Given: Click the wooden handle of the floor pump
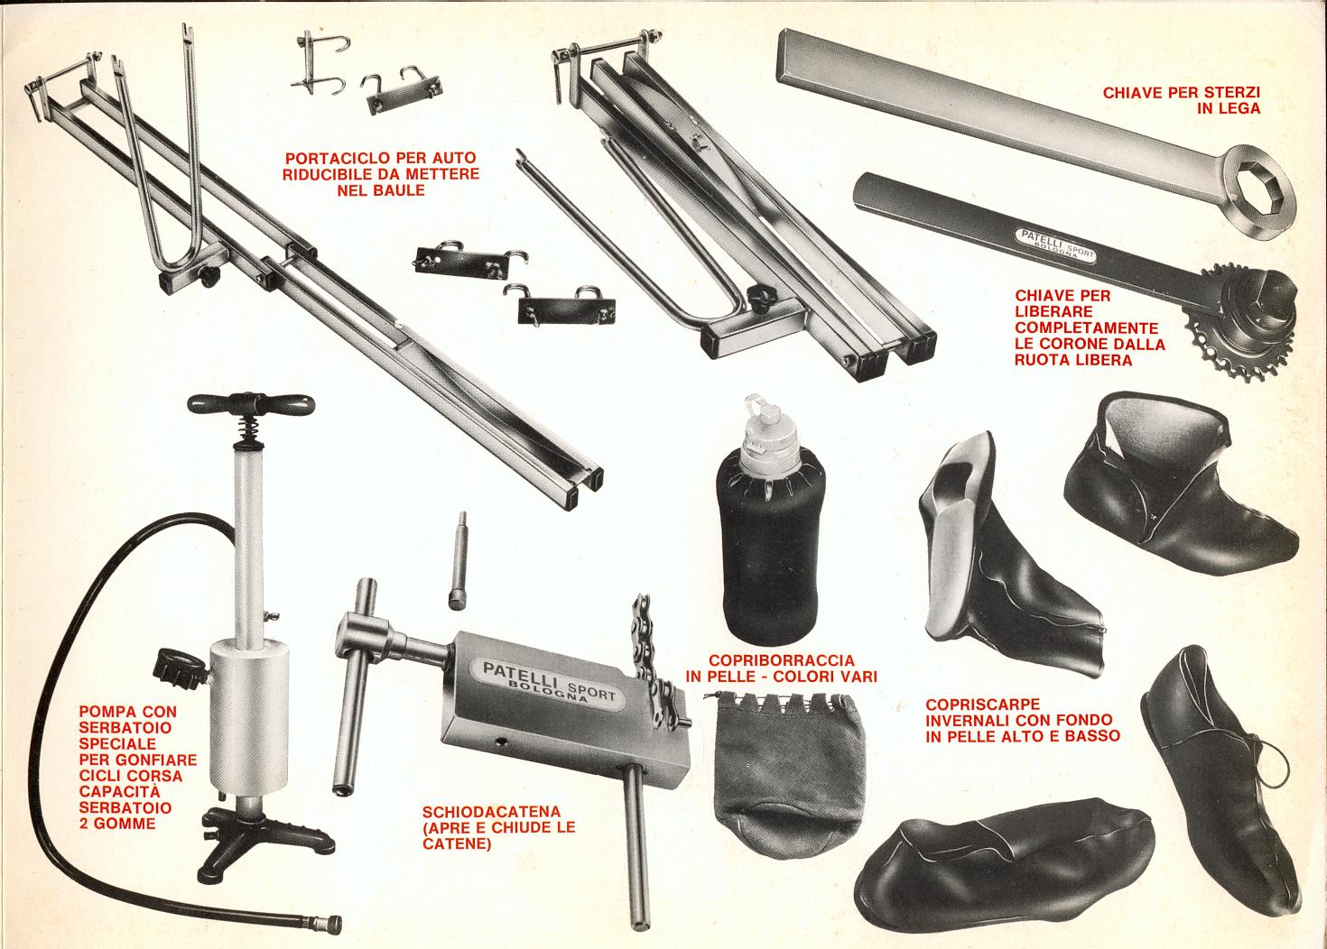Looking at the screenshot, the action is tap(251, 405).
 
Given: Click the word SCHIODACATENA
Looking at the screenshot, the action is tap(491, 811).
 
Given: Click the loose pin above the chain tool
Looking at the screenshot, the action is tap(458, 559).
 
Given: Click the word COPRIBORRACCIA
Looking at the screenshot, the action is tap(782, 659).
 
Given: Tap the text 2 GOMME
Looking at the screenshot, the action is tap(117, 824).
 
